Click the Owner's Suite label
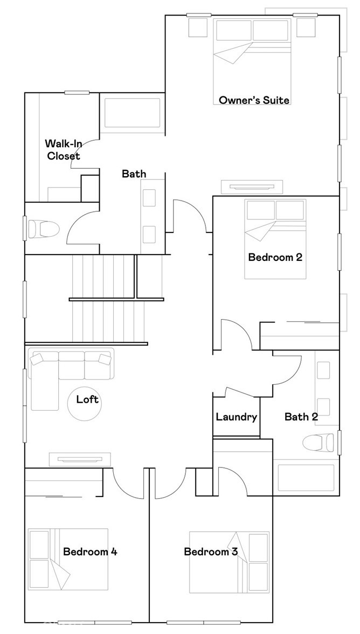[254, 100]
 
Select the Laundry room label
[236, 417]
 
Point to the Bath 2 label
[301, 417]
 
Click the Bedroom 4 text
[90, 552]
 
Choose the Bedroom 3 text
[211, 552]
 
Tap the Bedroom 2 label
[275, 257]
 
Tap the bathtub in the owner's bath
[132, 113]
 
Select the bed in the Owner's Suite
[252, 59]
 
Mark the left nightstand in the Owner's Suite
[197, 27]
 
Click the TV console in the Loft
[80, 459]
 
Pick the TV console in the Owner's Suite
[252, 187]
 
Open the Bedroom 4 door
[127, 483]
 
